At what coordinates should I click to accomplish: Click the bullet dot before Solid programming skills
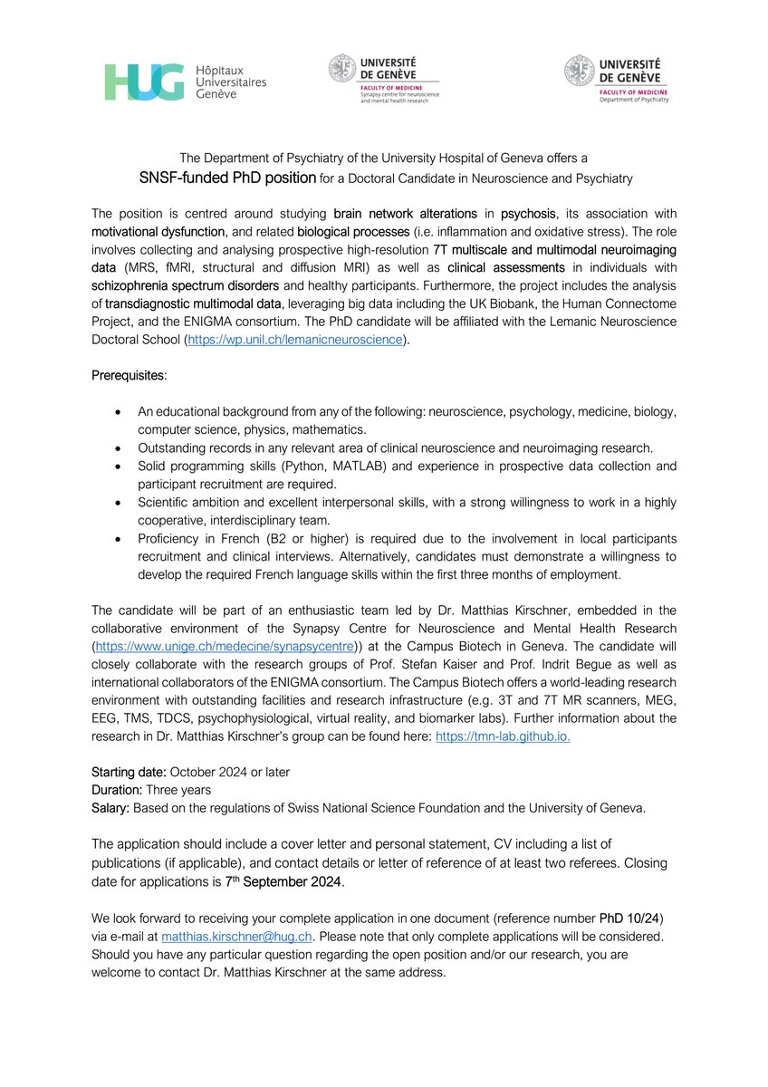[119, 466]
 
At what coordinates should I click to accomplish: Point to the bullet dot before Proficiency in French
[119, 538]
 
